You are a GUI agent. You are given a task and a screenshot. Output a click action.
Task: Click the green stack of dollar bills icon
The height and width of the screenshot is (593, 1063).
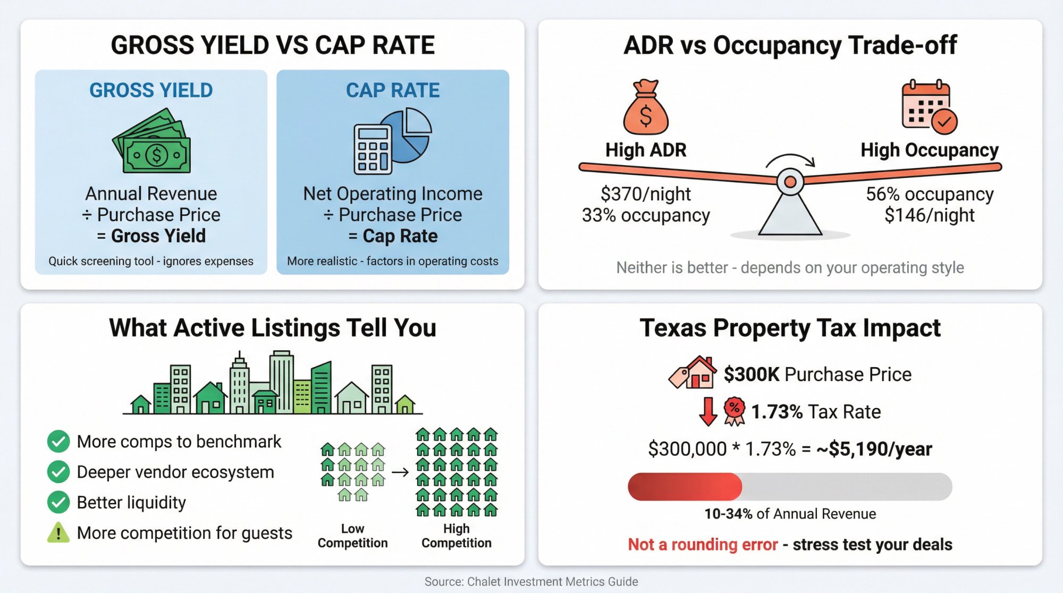pos(151,142)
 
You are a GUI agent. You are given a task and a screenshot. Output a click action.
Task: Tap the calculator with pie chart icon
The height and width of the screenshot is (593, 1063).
pos(392,142)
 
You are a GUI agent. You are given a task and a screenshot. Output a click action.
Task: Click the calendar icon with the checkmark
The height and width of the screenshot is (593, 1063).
pos(929,106)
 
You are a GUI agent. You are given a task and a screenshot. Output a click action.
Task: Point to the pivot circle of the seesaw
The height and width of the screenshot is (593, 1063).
pos(790,182)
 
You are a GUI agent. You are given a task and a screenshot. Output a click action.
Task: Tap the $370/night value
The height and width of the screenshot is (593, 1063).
pos(645,194)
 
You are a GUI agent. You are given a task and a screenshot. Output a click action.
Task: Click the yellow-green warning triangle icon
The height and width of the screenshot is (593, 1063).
pos(58,532)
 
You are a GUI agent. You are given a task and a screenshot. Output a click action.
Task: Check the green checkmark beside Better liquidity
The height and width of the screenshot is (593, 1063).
pos(58,502)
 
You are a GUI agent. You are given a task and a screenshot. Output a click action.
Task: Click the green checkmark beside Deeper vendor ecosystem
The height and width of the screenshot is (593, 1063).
pos(58,472)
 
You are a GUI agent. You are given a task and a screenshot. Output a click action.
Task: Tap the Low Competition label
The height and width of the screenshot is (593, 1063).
pos(352,536)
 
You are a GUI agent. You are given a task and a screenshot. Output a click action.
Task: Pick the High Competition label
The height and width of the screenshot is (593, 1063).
pos(456,536)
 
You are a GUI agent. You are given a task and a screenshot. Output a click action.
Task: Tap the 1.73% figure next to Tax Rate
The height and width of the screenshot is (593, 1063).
pos(777,412)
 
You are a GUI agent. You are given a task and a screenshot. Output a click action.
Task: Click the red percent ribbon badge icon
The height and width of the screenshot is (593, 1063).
pos(734,411)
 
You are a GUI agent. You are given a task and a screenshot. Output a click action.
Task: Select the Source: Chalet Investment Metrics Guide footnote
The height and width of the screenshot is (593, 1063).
pos(531,581)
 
